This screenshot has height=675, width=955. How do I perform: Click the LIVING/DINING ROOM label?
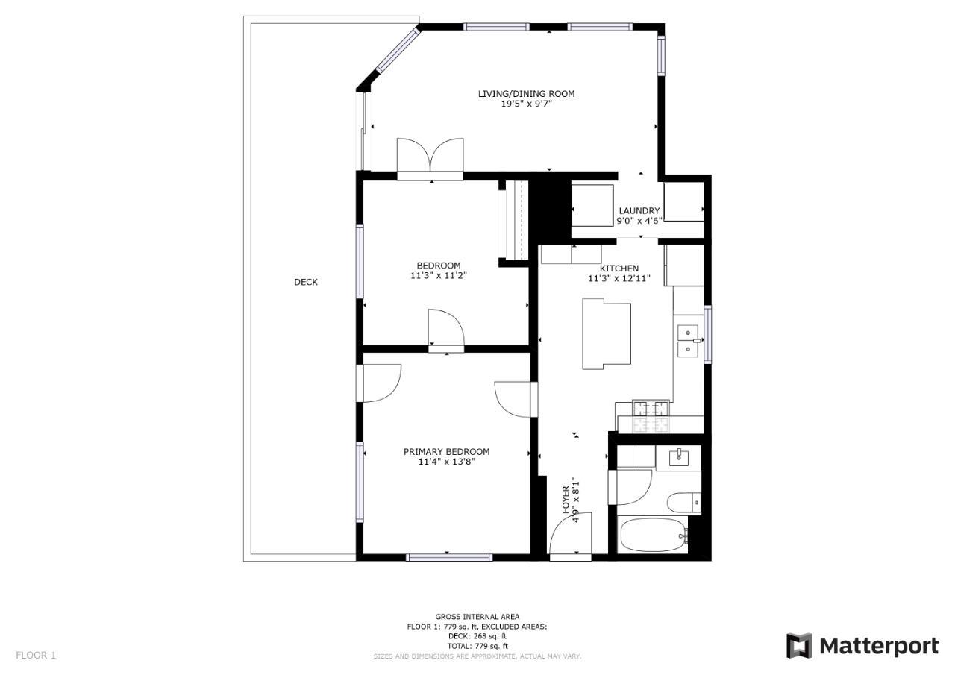[x=526, y=94]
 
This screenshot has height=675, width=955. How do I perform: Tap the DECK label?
[x=306, y=282]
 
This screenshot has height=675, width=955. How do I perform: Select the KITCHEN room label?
[x=619, y=269]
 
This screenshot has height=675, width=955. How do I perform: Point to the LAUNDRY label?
[x=639, y=210]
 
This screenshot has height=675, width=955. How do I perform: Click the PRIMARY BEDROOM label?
[x=446, y=452]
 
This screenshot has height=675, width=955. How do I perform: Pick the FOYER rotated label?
[x=566, y=500]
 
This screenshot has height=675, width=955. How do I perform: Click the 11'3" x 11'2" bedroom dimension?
[x=439, y=276]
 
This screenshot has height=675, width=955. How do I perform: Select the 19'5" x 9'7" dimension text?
[x=526, y=104]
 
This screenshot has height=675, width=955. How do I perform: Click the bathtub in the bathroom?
[x=654, y=536]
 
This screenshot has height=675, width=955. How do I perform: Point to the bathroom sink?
[x=678, y=457]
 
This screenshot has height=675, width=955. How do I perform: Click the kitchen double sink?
[x=688, y=341]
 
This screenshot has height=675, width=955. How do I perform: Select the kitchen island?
[x=607, y=333]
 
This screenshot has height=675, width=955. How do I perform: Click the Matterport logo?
[x=862, y=646]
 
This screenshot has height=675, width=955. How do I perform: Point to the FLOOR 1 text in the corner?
[x=36, y=656]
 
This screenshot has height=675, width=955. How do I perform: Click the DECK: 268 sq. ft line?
[x=477, y=636]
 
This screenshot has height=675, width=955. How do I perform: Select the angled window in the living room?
[x=397, y=49]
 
